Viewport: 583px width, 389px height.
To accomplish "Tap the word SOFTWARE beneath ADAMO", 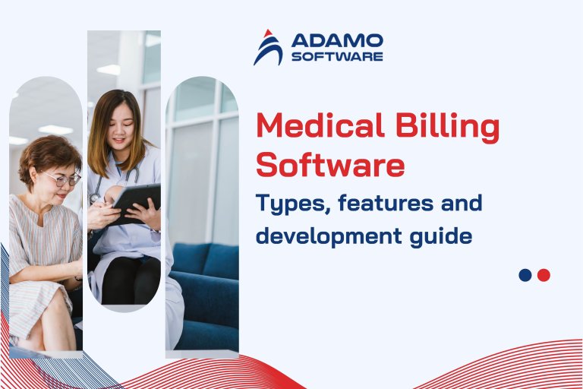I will (x=337, y=56).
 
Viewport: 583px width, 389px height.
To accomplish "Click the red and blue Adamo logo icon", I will (x=267, y=47).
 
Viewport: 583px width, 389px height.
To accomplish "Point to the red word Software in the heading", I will (x=330, y=164).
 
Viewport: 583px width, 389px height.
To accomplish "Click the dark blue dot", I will (x=525, y=275).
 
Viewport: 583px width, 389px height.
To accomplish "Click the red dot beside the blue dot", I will (x=544, y=275).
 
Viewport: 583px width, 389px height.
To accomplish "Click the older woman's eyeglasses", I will (x=61, y=179).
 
